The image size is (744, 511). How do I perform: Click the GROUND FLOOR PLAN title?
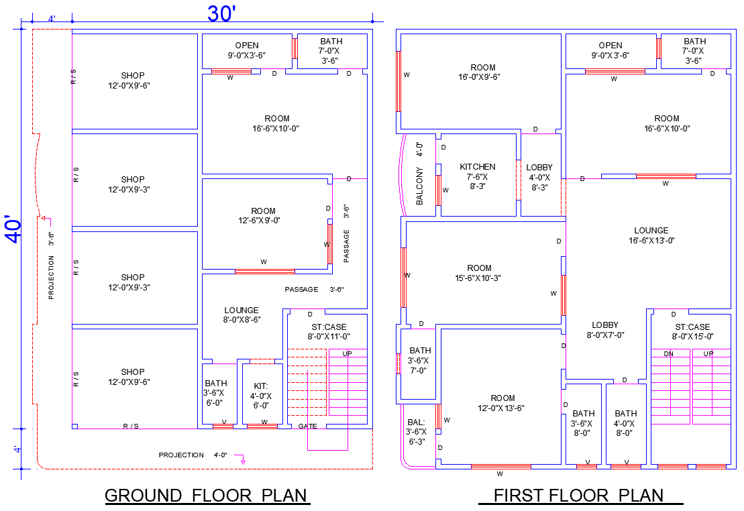coord(206,496)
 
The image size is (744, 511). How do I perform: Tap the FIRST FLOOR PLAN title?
coord(578,496)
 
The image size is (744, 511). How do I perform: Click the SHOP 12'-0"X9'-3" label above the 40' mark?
coord(133,184)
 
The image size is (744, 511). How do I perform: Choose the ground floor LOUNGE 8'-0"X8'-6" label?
coord(242,315)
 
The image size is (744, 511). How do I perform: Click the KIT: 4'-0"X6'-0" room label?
coord(261,396)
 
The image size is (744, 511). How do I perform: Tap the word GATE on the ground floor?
coord(307,426)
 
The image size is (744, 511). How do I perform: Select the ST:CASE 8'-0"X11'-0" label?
coord(329,331)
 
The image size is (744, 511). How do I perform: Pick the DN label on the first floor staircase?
coord(668,353)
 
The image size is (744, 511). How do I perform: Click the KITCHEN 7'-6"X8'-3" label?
coord(478,176)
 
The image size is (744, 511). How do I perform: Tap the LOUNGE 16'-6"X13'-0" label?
coord(651,235)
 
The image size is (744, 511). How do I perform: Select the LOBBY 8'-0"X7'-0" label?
coord(605,330)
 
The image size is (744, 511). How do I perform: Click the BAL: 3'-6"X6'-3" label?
coord(416,432)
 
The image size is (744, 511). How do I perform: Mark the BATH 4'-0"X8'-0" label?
coord(626,423)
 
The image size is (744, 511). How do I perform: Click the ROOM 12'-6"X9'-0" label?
coord(263,215)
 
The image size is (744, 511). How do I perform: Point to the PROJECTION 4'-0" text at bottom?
coord(193,455)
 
